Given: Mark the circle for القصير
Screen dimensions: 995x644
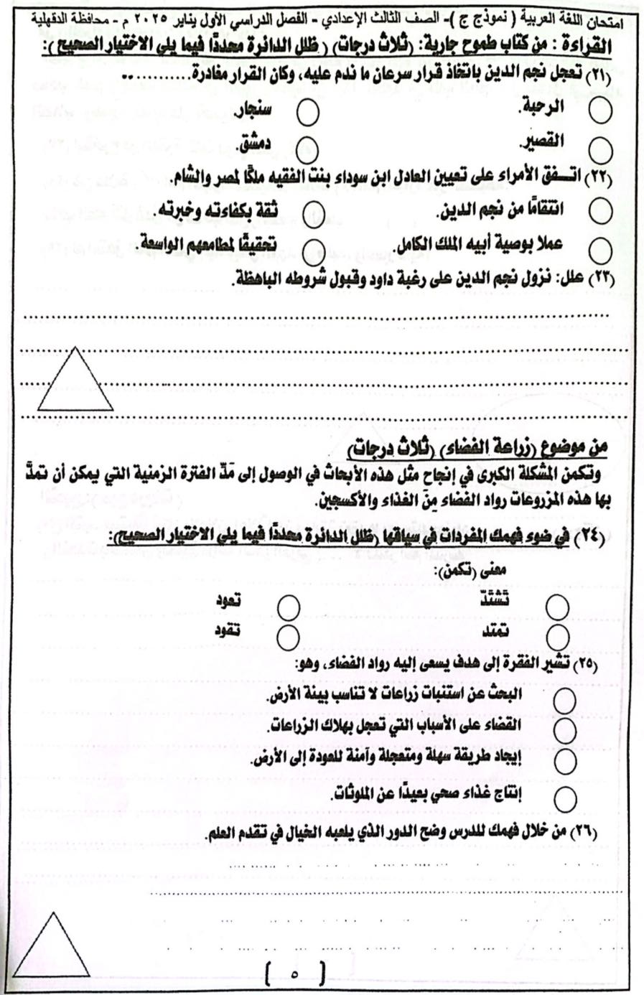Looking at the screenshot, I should pyautogui.click(x=599, y=150).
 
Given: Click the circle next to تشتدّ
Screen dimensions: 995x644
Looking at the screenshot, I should pyautogui.click(x=557, y=607).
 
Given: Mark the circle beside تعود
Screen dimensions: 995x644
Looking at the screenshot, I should pyautogui.click(x=288, y=607).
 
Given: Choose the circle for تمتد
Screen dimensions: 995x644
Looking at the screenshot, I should pyautogui.click(x=557, y=636).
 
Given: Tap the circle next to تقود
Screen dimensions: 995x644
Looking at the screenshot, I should pyautogui.click(x=288, y=636).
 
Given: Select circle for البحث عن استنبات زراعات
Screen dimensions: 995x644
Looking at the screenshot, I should pyautogui.click(x=565, y=700).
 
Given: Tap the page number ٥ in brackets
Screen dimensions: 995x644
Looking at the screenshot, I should pyautogui.click(x=294, y=974).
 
